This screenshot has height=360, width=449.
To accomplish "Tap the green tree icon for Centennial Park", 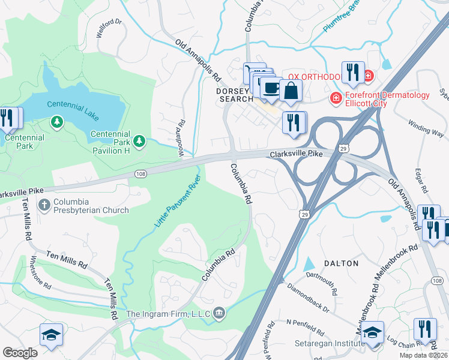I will click(x=57, y=123).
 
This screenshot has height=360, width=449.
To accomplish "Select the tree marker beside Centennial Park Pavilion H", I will click(x=139, y=141).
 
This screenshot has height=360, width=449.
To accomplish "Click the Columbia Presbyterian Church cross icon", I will click(x=44, y=205).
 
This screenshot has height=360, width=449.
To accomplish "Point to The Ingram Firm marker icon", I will click(x=220, y=312).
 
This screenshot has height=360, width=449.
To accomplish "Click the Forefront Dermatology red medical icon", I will click(x=336, y=97).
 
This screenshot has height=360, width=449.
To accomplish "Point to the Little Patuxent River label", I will click(x=177, y=205).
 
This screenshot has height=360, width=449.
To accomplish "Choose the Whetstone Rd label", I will click(x=41, y=273).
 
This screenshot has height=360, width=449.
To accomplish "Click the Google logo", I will click(x=20, y=352).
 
